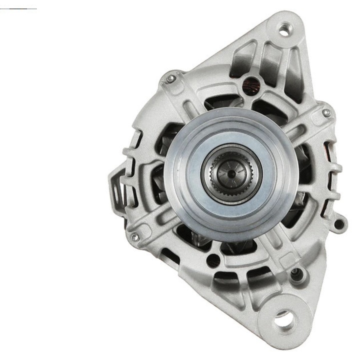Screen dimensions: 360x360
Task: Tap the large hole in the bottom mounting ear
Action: [283, 317]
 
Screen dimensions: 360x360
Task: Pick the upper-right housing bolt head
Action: [326, 113]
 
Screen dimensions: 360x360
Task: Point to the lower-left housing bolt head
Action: [133, 237]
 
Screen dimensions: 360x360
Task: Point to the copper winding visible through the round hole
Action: [248, 83]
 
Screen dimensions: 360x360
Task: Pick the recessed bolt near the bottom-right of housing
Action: [298, 273]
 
